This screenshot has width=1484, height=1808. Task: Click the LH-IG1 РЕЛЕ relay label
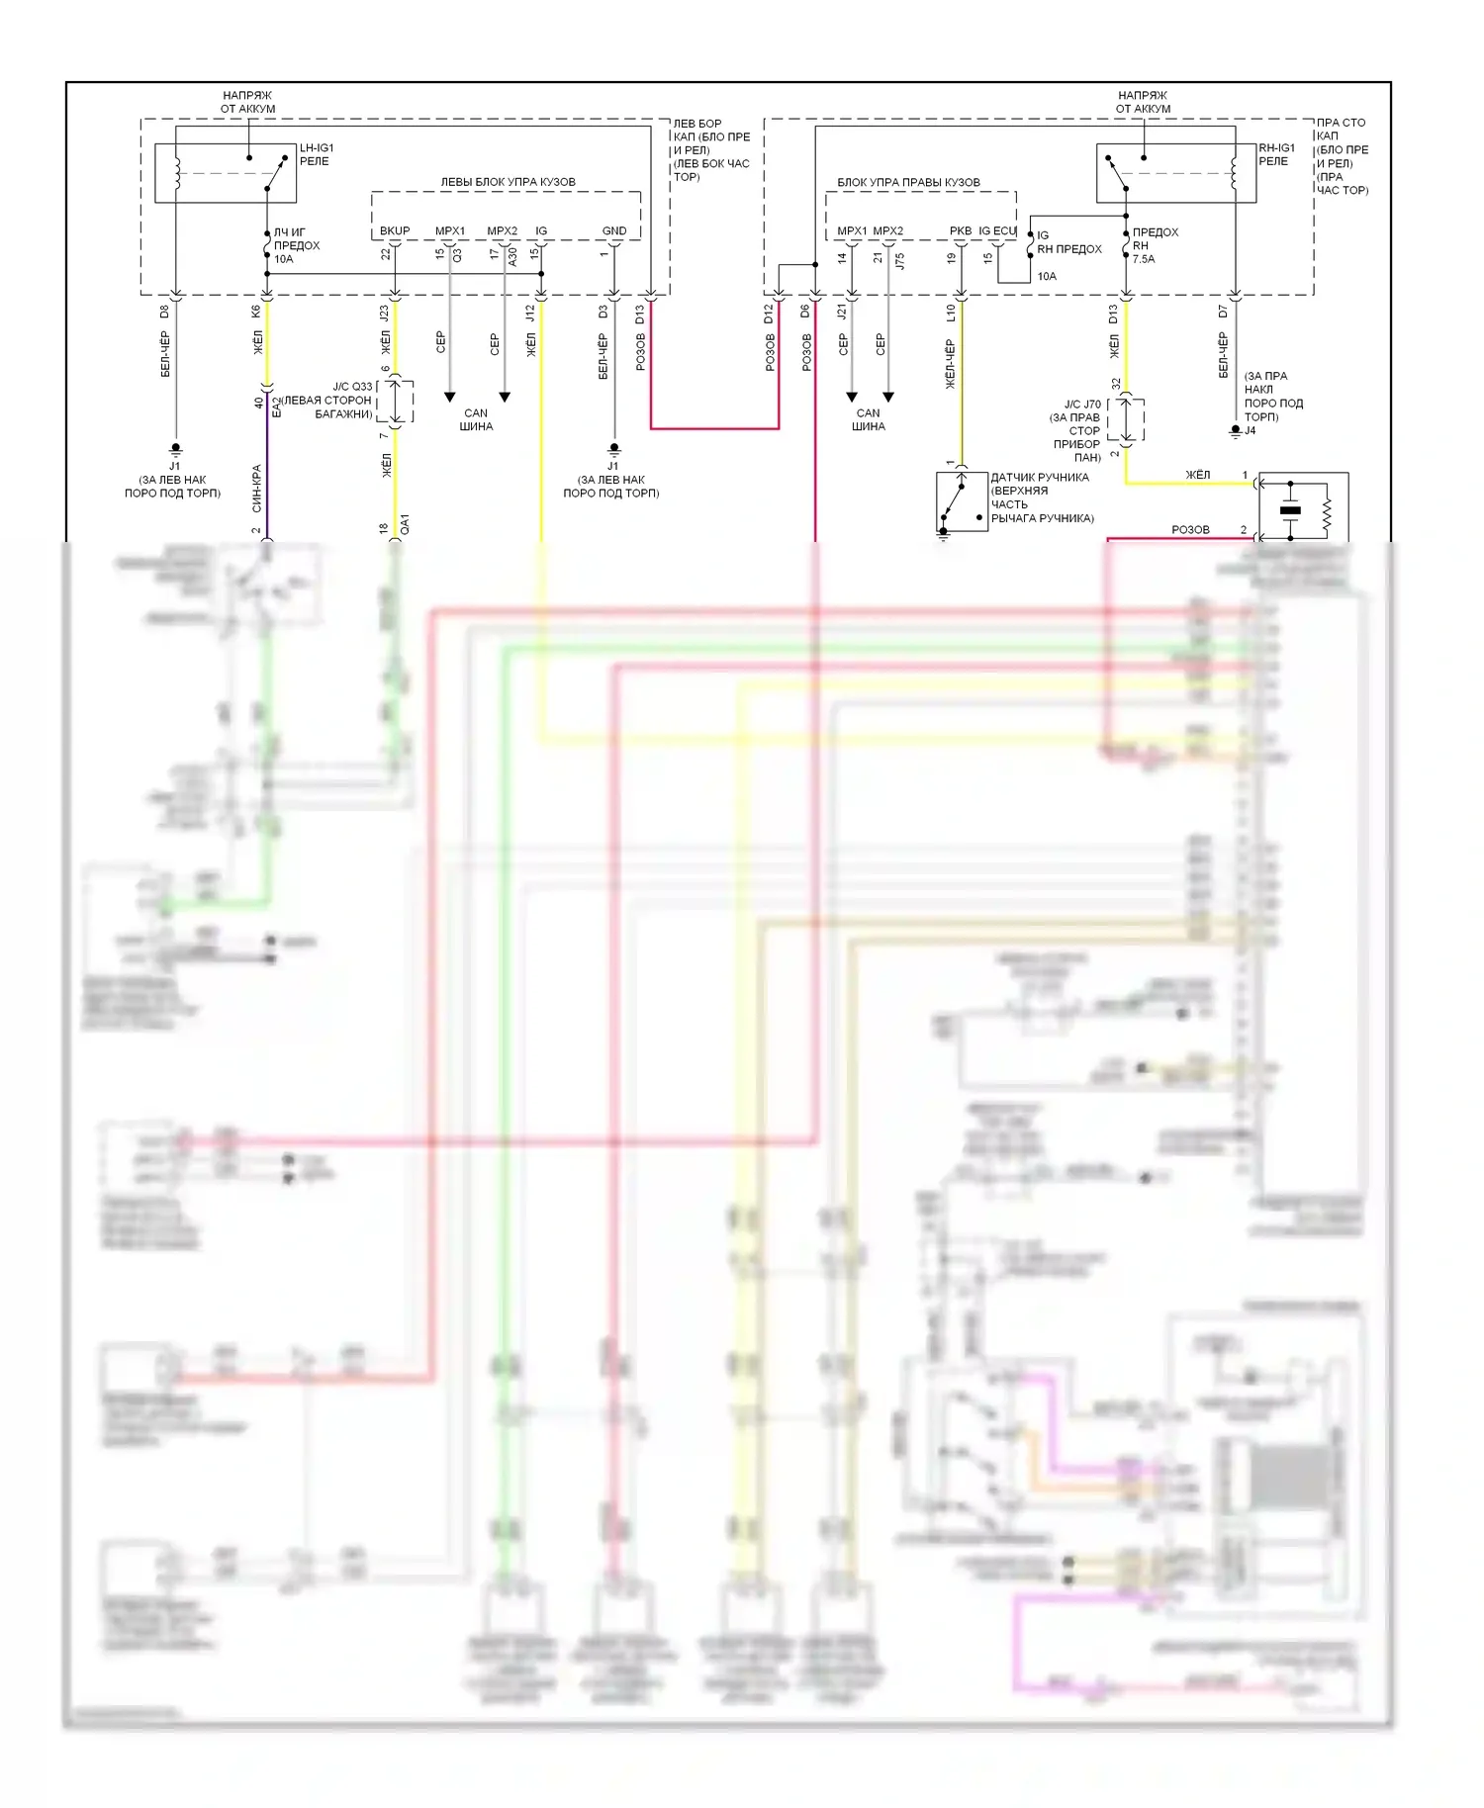pos(316,154)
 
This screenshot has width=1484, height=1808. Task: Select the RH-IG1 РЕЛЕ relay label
pos(1276,154)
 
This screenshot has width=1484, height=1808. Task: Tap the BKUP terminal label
pos(395,231)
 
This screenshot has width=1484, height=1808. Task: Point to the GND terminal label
pos(614,231)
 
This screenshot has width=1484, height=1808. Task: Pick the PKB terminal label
pos(961,231)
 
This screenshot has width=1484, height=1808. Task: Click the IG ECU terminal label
pos(997,231)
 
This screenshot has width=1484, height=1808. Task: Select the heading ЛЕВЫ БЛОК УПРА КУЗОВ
pos(508,182)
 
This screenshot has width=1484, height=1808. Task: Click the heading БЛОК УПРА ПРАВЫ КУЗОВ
pos(908,182)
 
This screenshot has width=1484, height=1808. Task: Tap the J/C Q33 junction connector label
pos(352,387)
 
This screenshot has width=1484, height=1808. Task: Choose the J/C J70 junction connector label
pos(1082,405)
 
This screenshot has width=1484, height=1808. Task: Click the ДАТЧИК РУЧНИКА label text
pos(1040,478)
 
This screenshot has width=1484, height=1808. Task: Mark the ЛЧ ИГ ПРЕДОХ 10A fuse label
pos(296,245)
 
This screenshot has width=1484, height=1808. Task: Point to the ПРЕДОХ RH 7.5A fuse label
pos(1155,245)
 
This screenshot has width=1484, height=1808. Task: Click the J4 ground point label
pos(1251,431)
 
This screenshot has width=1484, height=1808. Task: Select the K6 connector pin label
pos(255,311)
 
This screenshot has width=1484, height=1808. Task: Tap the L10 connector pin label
pos(951,313)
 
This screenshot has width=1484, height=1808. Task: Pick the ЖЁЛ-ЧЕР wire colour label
pos(950,364)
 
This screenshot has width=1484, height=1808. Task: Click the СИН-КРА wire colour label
pos(256,488)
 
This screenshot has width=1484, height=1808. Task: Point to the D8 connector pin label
pos(164,311)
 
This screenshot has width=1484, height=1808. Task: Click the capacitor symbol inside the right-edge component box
pos(1290,510)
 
